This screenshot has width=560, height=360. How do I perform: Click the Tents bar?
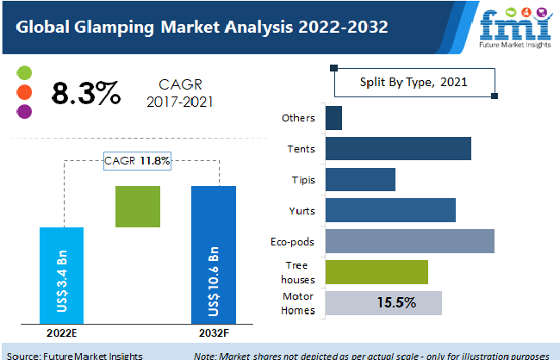coord(398,148)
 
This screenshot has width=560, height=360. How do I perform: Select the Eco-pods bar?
coord(410,241)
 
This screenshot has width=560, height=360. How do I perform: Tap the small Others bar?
coord(333,118)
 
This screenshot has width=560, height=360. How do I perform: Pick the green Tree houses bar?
coord(376,272)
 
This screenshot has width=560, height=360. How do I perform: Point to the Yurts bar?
coord(390,210)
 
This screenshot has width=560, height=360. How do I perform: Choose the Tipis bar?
coord(360,179)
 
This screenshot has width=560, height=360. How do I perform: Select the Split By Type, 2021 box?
coord(413,83)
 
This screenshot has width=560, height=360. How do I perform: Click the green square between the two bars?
coord(137,207)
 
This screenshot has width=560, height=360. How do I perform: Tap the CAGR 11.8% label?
coord(137,160)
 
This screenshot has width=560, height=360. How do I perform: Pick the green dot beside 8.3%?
coord(24,72)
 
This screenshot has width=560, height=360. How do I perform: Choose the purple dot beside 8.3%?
coord(24,111)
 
